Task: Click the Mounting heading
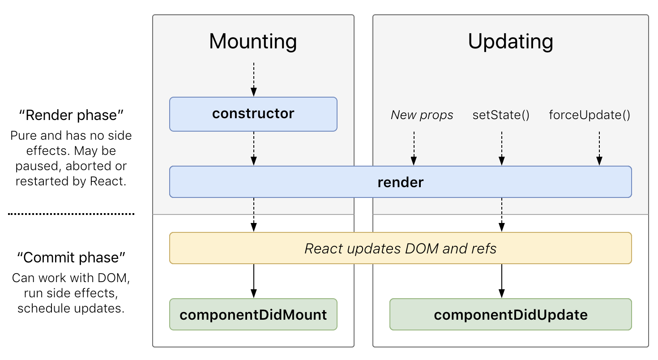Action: [253, 41]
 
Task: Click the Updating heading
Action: [510, 41]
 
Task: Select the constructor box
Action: [253, 114]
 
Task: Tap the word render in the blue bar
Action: [400, 182]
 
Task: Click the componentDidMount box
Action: [253, 315]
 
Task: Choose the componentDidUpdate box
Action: [510, 315]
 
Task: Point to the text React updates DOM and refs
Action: [400, 249]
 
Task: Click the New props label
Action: [422, 116]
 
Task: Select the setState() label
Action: [501, 116]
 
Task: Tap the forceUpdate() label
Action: [590, 116]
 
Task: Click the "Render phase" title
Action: [71, 116]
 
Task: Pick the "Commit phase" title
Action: [71, 257]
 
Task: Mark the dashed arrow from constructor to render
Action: [254, 148]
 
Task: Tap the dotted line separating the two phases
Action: [71, 214]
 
